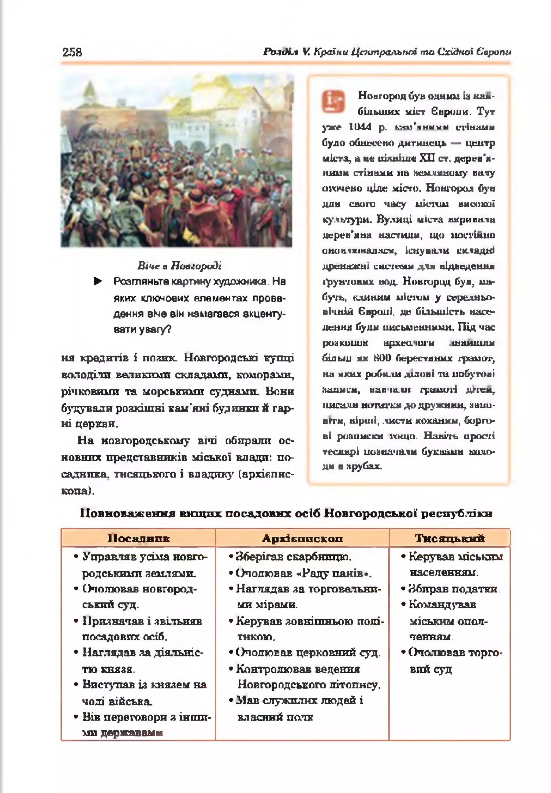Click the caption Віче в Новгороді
179,266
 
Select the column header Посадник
139,538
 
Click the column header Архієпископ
302,538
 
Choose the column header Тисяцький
450,538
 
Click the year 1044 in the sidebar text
360,127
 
